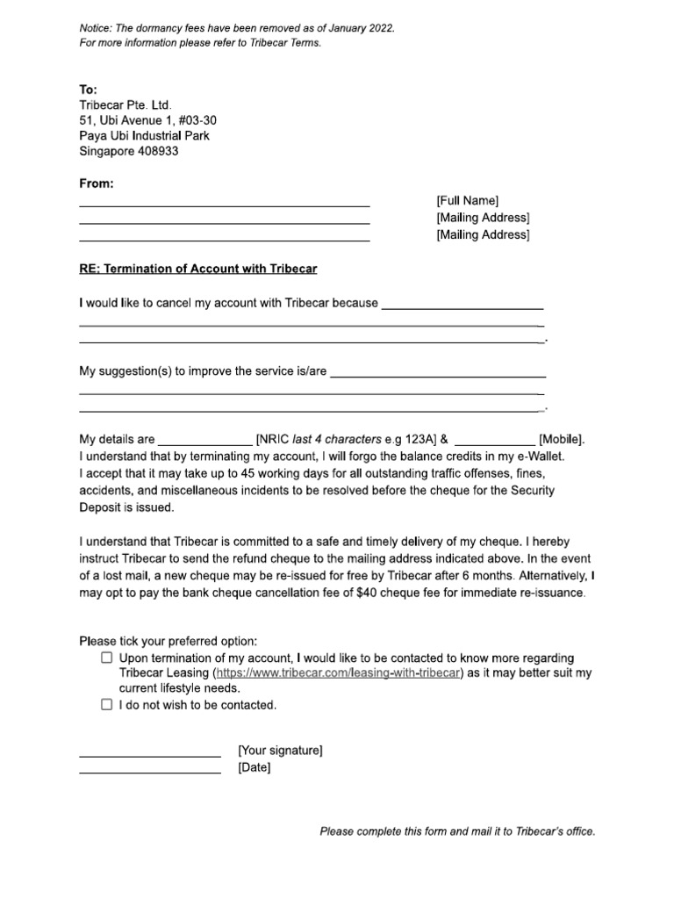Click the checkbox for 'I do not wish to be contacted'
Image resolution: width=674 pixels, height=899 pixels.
point(106,704)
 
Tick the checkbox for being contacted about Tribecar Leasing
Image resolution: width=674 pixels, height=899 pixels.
point(106,658)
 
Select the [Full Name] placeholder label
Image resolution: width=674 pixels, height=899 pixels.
point(467,201)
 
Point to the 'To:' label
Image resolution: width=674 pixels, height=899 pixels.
point(89,89)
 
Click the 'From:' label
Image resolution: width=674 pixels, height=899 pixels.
point(97,183)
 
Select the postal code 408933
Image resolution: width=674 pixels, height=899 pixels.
point(155,152)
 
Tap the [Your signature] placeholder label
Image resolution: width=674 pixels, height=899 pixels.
point(280,751)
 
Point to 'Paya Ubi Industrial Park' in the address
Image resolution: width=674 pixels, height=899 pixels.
point(145,136)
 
